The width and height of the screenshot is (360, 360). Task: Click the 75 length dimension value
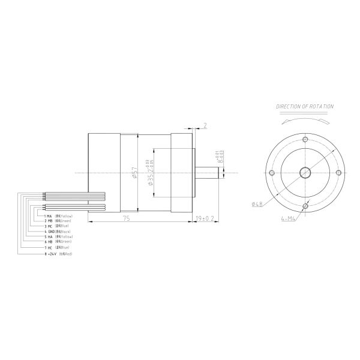pyautogui.click(x=126, y=219)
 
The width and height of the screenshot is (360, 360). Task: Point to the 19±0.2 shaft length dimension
pyautogui.click(x=206, y=219)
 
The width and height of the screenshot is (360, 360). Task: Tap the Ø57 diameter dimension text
pyautogui.click(x=134, y=174)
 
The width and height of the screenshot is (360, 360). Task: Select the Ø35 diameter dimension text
pyautogui.click(x=150, y=174)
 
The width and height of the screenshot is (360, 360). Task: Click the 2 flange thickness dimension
pyautogui.click(x=205, y=127)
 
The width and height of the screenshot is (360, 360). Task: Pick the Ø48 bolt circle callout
pyautogui.click(x=256, y=204)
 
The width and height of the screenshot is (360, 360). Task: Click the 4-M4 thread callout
pyautogui.click(x=289, y=219)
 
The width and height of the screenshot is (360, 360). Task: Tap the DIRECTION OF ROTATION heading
pyautogui.click(x=305, y=106)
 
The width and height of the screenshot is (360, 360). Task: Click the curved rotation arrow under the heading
pyautogui.click(x=305, y=119)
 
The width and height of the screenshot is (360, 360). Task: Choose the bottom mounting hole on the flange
pyautogui.click(x=305, y=207)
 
